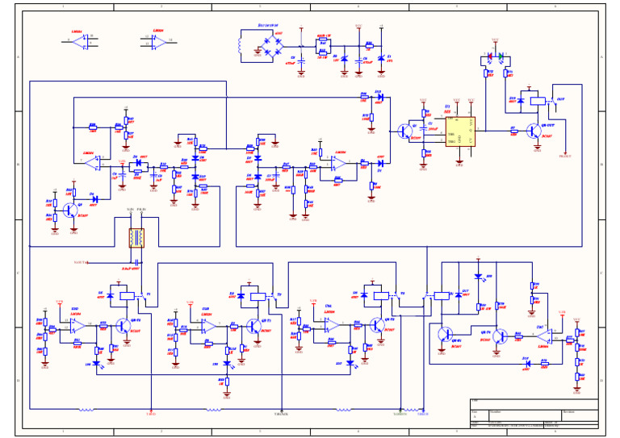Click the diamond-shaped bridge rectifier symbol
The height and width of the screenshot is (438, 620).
269,41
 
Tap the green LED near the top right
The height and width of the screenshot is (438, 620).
501,56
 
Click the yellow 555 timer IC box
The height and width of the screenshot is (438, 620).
460,131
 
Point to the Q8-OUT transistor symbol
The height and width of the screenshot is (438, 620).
534,131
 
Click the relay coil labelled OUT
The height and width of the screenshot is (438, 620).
537,101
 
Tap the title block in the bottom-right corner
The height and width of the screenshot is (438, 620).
534,414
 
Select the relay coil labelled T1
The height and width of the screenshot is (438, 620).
127,296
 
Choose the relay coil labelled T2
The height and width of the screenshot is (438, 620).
258,296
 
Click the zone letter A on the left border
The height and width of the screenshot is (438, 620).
18,57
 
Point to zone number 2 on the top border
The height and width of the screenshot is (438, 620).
161,6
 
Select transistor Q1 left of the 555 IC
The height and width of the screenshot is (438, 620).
404,131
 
